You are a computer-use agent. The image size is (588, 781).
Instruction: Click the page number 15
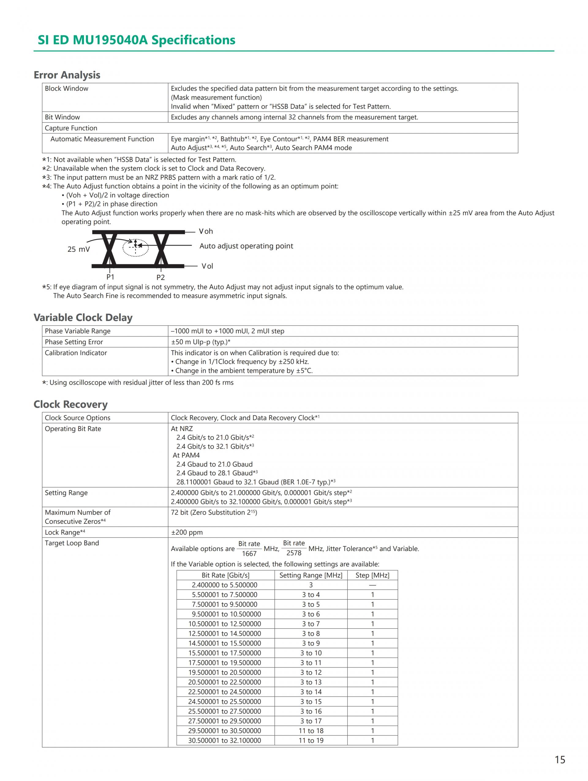(x=560, y=760)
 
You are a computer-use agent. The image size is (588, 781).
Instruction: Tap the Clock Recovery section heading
(x=70, y=404)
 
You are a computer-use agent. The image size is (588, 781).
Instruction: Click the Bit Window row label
(x=62, y=117)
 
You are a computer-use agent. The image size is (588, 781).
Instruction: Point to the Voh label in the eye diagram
(x=206, y=231)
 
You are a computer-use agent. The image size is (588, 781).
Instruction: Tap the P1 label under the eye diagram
(x=110, y=277)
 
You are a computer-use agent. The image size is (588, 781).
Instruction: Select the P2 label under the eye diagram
(x=160, y=277)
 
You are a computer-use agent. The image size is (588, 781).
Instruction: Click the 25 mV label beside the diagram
(x=78, y=249)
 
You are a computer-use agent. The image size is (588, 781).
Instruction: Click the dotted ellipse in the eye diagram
(x=136, y=248)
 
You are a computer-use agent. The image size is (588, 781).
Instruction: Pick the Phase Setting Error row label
(x=74, y=342)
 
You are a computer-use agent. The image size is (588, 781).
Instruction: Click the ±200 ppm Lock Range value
(x=187, y=532)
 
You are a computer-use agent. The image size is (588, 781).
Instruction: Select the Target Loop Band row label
(x=72, y=543)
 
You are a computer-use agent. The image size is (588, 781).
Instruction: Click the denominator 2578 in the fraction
(x=294, y=553)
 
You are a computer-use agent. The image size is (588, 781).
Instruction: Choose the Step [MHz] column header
(x=372, y=575)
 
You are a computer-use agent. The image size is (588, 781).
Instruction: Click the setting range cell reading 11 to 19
(x=311, y=740)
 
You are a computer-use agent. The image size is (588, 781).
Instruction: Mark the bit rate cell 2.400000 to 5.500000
(x=224, y=585)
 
